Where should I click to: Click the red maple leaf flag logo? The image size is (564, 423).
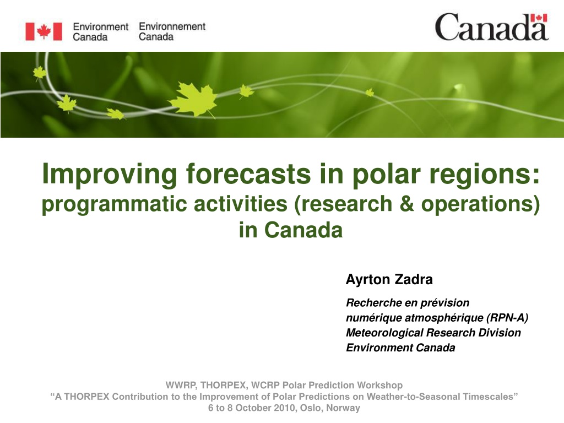click(x=44, y=31)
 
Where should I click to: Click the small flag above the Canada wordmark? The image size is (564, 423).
click(x=539, y=18)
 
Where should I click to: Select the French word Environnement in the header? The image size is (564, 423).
click(x=172, y=26)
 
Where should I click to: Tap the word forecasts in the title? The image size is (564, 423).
click(x=248, y=173)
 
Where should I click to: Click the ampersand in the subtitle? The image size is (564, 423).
click(x=406, y=204)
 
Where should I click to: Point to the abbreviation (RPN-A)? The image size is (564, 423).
click(x=507, y=318)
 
